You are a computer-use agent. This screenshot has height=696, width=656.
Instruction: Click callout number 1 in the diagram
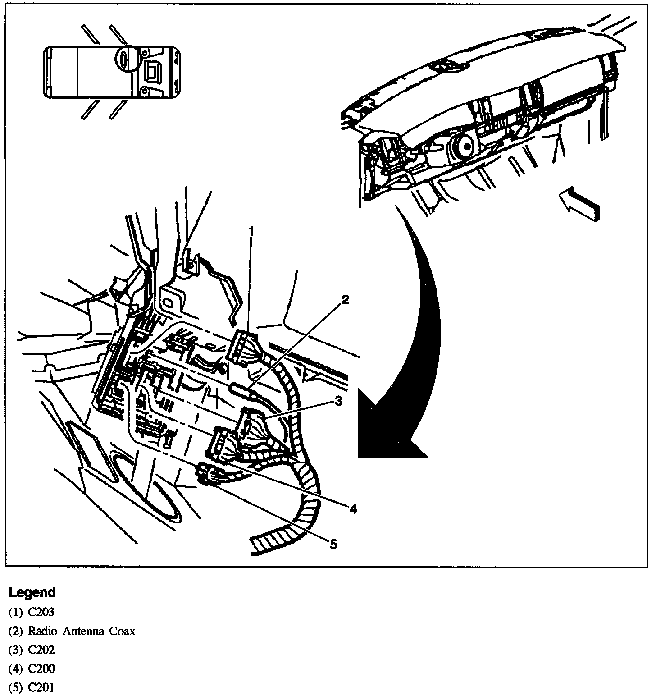coord(251,232)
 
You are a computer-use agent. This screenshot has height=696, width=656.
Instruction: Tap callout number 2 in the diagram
coord(345,300)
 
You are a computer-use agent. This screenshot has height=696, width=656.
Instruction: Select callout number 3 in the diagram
coord(338,400)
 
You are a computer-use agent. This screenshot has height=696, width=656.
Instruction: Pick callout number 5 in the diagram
coord(333,545)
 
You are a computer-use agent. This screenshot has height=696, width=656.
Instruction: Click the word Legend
coord(32,592)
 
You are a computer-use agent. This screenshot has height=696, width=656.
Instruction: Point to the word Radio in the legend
coord(39,631)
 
